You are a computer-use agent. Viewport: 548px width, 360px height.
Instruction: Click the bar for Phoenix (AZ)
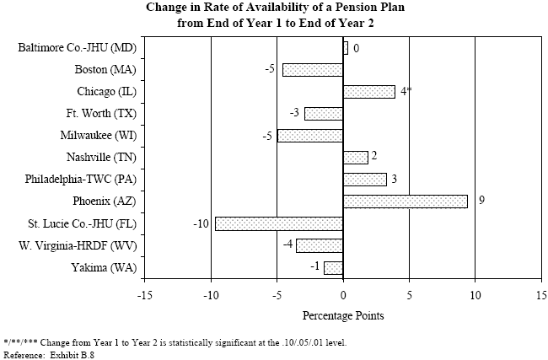click(405, 201)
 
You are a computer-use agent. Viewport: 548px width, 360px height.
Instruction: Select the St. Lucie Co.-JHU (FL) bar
click(279, 223)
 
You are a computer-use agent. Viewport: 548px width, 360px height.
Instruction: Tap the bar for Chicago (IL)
click(368, 91)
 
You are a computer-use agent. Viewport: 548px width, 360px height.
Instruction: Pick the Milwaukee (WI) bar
click(310, 136)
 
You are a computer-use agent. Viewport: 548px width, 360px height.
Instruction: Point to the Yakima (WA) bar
click(333, 268)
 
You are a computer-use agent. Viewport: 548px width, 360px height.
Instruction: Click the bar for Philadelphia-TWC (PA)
click(364, 180)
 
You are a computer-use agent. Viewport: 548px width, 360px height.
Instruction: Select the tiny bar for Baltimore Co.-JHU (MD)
click(345, 48)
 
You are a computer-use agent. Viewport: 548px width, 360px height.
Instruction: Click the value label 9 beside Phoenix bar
click(481, 201)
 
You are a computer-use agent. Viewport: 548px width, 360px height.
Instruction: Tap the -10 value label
click(201, 223)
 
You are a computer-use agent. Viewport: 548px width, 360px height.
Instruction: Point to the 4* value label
click(406, 91)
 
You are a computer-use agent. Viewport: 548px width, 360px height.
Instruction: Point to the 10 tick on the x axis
click(475, 296)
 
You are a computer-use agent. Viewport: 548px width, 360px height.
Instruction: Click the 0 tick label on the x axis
click(343, 296)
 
